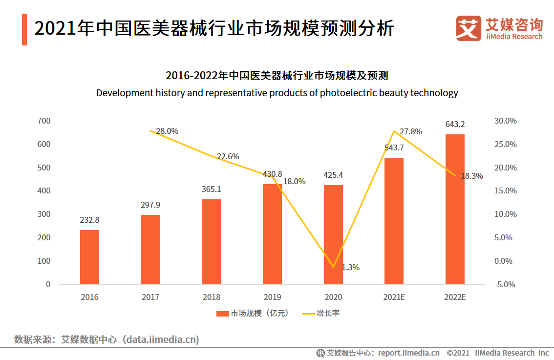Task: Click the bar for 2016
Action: click(x=89, y=257)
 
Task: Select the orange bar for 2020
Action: click(x=333, y=234)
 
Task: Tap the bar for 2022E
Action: click(x=455, y=209)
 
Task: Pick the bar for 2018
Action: click(x=211, y=241)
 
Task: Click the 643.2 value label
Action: click(x=455, y=125)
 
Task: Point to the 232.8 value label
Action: click(x=89, y=220)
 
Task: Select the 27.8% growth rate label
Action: click(x=410, y=132)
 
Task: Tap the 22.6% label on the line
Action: click(x=228, y=156)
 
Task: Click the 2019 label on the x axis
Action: click(x=272, y=297)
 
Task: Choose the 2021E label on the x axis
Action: click(x=394, y=297)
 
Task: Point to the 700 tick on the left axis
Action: click(x=44, y=121)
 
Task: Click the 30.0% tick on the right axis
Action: click(x=505, y=121)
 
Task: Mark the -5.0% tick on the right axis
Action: click(x=505, y=284)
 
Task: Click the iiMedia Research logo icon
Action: click(x=468, y=28)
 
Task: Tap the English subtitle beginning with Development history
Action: click(x=277, y=93)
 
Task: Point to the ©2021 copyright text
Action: click(x=458, y=353)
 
